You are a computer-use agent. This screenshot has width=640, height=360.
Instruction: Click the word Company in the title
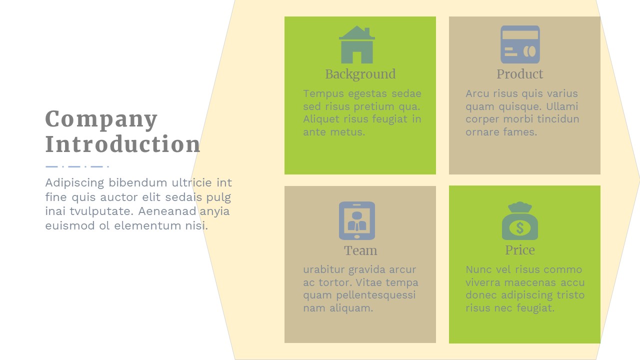pos(101,119)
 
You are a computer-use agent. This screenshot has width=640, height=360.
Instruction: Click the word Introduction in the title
pos(123,143)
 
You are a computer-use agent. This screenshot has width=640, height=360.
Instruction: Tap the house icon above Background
pos(357,44)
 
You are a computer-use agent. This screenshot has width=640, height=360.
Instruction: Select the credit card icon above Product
pos(520,44)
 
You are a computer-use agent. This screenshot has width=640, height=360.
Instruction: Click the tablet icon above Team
pos(357,220)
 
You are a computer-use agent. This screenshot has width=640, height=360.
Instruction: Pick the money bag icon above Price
pos(520,220)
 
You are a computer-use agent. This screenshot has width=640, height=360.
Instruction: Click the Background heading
pos(360,74)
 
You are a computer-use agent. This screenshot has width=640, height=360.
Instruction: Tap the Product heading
pos(519,74)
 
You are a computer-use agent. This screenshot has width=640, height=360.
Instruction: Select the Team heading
pos(360,250)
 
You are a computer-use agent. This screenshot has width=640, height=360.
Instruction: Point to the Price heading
pos(519,250)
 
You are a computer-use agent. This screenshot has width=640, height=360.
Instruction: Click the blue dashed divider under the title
pos(77,166)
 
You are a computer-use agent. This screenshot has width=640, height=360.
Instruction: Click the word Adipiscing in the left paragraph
pos(74,183)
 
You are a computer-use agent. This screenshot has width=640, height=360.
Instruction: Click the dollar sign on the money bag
pos(519,228)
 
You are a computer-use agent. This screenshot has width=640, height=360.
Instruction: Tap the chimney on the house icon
pos(367,31)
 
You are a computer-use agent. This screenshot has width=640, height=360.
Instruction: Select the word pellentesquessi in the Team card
pos(375,295)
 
